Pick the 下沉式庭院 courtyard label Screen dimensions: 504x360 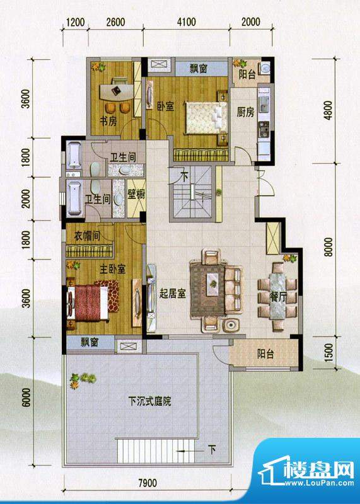[150, 401]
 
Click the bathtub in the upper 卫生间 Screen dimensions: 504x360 [73, 155]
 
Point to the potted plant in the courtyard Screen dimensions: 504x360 [83, 379]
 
